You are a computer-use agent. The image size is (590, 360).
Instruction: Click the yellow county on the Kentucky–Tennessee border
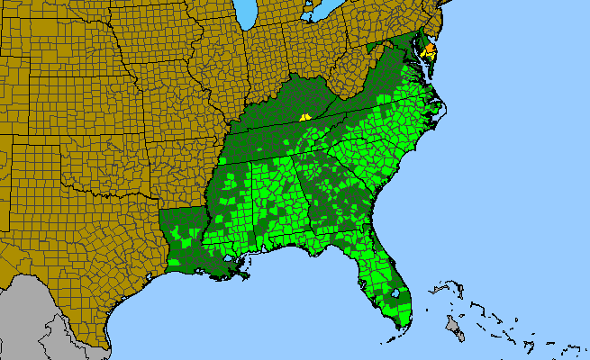click(305, 116)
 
